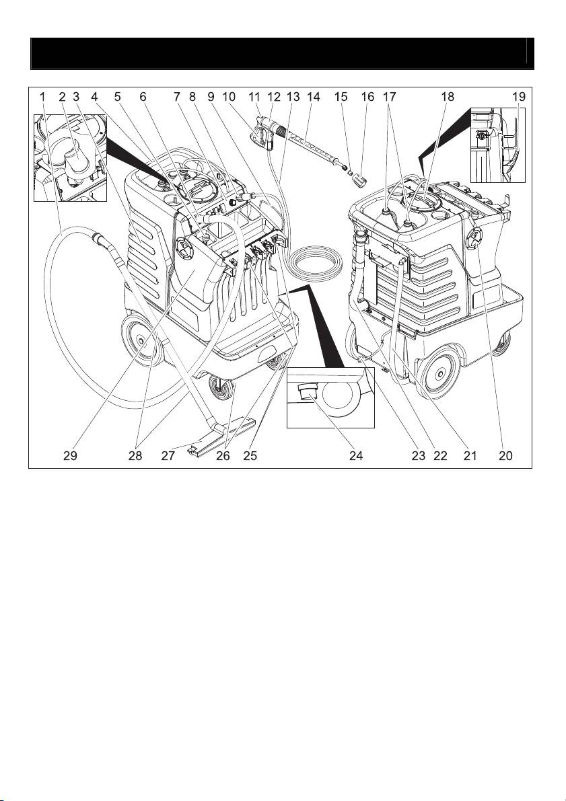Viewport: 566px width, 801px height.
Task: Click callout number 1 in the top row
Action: (42, 97)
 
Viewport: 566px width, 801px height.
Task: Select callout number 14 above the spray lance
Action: (314, 97)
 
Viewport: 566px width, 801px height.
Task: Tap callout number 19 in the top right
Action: (518, 97)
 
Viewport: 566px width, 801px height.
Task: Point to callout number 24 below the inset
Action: (356, 455)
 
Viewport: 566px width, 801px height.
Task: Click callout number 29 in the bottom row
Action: (71, 455)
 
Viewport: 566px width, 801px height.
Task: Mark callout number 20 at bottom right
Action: (505, 455)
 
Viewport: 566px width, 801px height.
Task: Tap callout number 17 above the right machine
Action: (388, 97)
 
